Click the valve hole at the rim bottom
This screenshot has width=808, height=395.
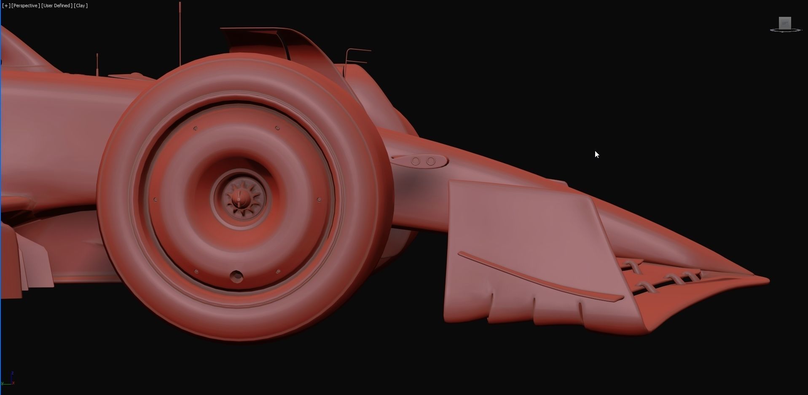236,277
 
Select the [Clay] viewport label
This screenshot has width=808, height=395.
81,5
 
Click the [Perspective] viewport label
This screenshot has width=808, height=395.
26,5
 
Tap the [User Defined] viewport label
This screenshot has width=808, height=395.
56,5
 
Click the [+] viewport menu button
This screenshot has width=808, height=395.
6,5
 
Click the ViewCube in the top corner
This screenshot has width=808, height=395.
785,24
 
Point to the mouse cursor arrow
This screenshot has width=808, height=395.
596,154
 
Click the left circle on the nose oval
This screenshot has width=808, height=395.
416,161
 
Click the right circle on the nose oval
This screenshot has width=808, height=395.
431,161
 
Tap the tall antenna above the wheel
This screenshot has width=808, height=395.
180,34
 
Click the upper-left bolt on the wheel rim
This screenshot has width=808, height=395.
195,128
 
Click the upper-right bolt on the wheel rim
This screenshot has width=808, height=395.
277,128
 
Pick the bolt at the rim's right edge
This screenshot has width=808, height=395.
319,200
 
